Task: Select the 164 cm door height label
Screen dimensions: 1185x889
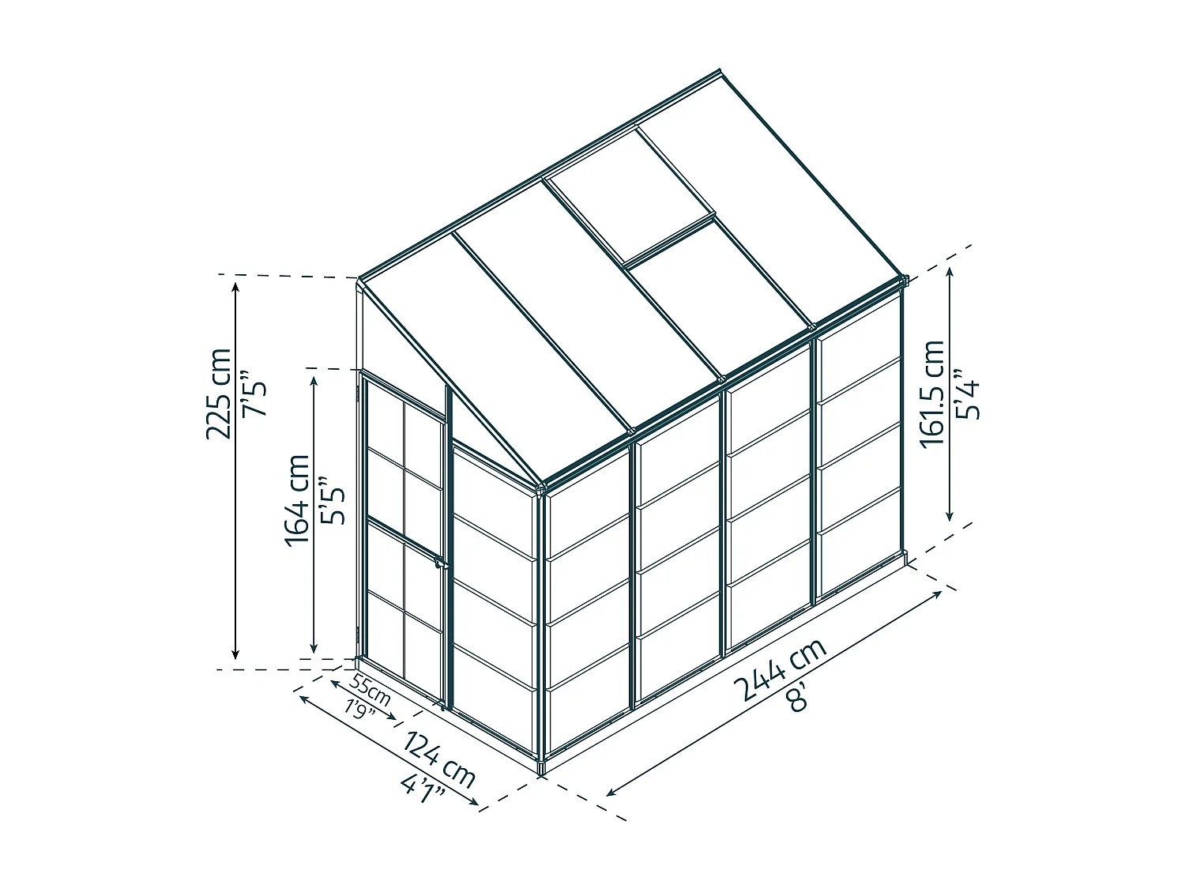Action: (x=298, y=500)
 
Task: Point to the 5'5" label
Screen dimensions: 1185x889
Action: (x=332, y=500)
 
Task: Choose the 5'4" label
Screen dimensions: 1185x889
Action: (x=966, y=394)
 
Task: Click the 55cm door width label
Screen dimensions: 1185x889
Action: (x=370, y=689)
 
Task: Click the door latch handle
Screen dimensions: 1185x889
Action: (x=441, y=564)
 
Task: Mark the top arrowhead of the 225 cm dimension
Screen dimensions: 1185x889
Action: (x=235, y=287)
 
